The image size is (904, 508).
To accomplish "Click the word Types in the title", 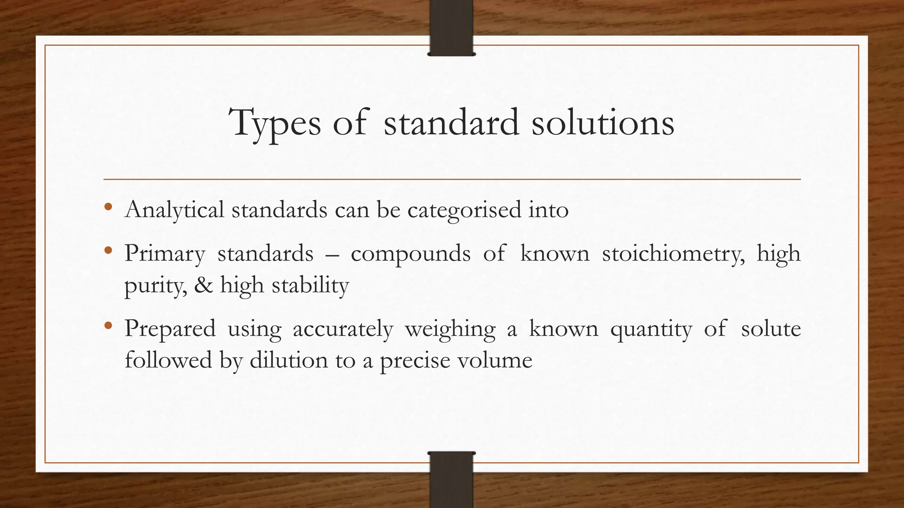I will (x=275, y=123).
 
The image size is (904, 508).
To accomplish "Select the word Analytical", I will (x=174, y=210).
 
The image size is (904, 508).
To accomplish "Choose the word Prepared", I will (x=170, y=329).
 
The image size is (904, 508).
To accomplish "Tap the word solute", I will (x=771, y=329).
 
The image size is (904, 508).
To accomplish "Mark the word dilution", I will (x=289, y=360).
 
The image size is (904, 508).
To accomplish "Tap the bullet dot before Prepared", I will (x=108, y=326).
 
